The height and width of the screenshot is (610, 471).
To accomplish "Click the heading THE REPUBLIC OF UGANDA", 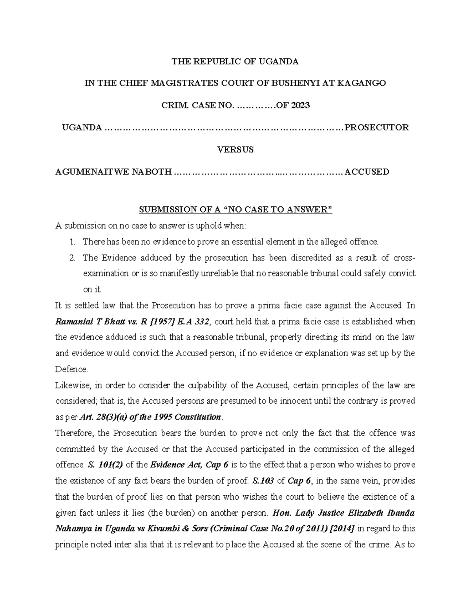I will tap(235, 61).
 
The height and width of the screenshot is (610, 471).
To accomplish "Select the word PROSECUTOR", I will tap(376, 128).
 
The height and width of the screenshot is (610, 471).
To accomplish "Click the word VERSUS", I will tap(235, 150).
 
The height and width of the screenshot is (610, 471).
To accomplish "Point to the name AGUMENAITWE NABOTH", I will tap(113, 172).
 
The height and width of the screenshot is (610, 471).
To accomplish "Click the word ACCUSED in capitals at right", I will tap(367, 172).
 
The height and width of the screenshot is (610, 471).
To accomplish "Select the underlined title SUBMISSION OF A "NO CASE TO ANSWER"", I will tap(235, 210).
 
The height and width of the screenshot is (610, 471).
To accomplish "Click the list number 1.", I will tap(72, 242).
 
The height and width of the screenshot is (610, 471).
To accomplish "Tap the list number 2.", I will tap(72, 258).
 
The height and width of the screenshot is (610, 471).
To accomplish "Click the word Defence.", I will tap(72, 370).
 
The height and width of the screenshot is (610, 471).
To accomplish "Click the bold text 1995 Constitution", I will tap(186, 417).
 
